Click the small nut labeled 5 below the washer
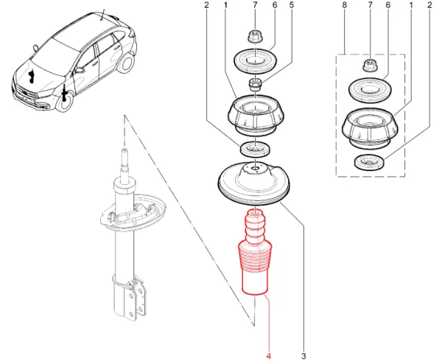254,83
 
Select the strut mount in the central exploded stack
254,116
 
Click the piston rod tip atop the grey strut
122,156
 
